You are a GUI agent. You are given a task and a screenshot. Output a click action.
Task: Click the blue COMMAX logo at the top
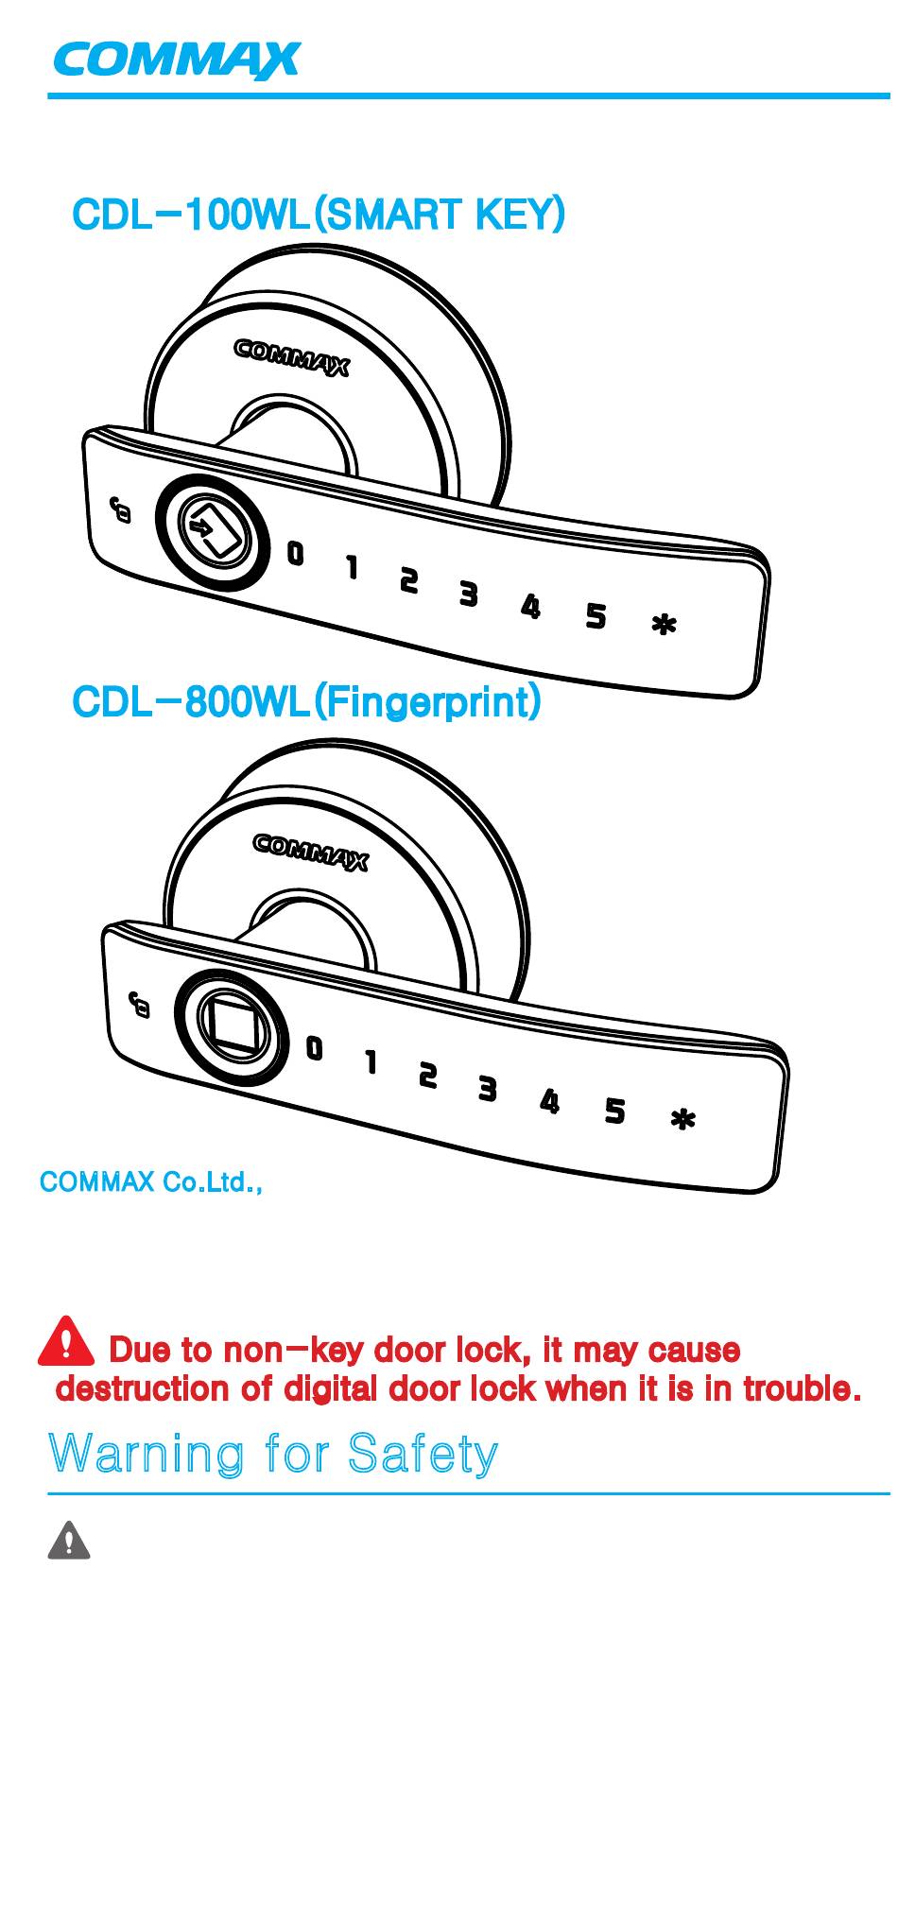177,61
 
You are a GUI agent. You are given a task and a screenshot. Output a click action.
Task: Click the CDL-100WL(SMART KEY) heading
319,215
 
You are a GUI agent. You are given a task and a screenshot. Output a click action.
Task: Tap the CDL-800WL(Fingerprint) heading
306,702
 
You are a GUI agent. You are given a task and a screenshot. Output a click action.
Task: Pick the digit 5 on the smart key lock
596,615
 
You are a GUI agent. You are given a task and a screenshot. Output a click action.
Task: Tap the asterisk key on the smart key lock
665,625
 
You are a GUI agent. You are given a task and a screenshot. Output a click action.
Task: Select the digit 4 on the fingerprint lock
550,1101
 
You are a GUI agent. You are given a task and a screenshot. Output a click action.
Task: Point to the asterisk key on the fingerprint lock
683,1120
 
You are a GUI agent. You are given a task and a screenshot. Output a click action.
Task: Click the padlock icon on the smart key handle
121,510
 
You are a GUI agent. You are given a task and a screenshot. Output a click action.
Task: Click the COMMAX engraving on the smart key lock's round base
292,357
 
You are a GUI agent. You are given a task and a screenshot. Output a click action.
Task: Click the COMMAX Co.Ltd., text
150,1182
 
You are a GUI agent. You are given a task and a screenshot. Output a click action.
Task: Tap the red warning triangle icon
66,1343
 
